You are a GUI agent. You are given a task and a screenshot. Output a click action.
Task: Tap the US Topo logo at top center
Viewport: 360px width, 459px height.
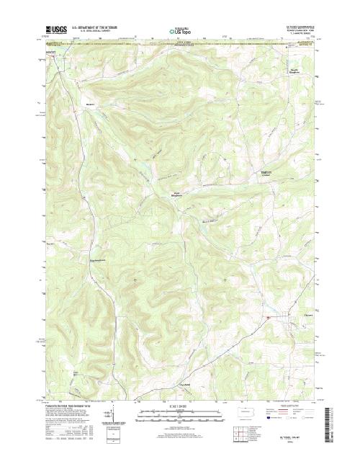pyautogui.click(x=179, y=32)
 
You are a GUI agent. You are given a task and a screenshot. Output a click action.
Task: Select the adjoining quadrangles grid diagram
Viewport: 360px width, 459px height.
pyautogui.click(x=258, y=434)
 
